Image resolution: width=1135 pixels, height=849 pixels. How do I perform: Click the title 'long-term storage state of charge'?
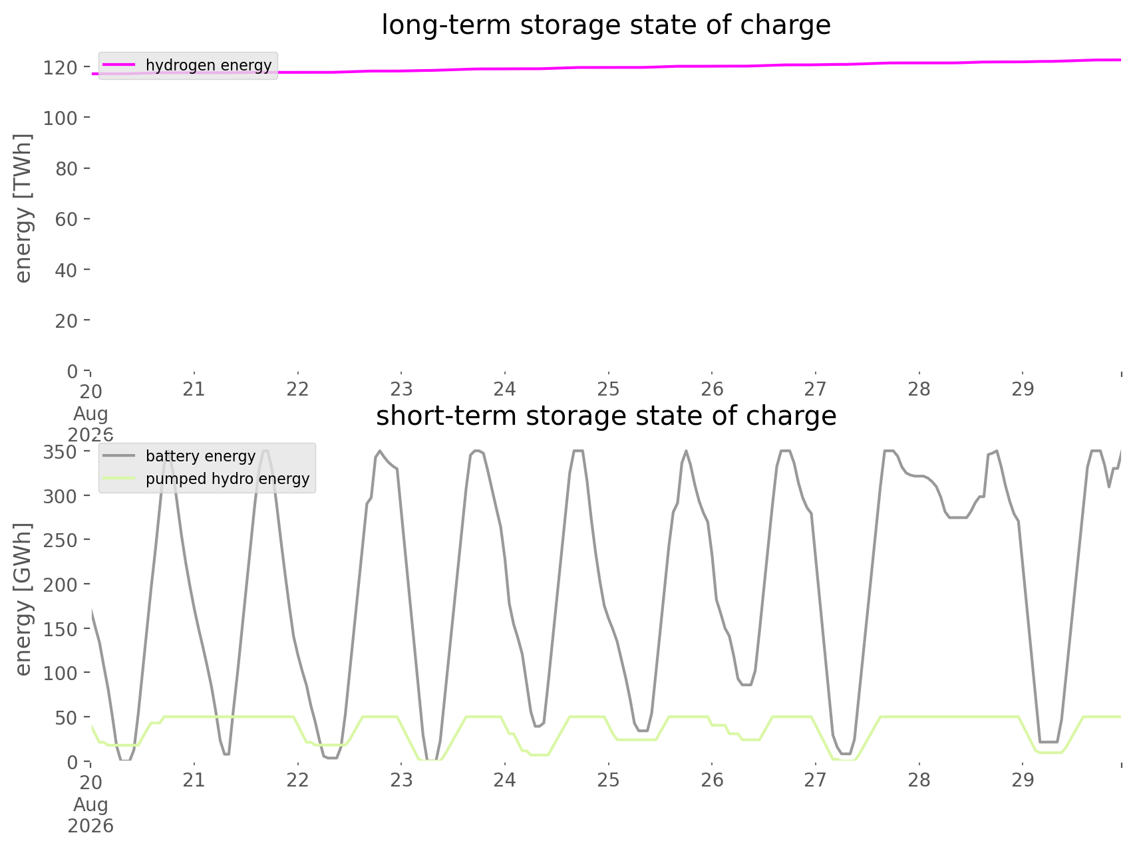[x=606, y=25]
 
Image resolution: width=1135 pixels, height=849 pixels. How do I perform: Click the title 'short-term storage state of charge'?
[x=606, y=416]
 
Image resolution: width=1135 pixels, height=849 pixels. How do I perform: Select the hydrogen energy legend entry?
[x=187, y=65]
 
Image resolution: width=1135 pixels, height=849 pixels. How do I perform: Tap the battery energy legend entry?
[x=179, y=456]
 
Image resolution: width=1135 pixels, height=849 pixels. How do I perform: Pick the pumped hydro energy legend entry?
[x=206, y=479]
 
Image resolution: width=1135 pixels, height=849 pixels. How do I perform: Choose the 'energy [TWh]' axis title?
[x=23, y=208]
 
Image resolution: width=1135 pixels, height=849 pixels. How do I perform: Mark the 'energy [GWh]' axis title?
[x=23, y=599]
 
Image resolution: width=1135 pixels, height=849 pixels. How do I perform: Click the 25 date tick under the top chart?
[x=608, y=388]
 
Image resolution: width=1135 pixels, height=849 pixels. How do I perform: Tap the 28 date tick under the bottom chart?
[x=919, y=779]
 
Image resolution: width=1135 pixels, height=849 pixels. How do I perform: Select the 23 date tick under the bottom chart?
[x=401, y=779]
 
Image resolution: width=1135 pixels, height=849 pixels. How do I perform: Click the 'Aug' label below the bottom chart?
[x=90, y=805]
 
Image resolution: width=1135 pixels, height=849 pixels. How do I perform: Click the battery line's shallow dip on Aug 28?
[x=958, y=517]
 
